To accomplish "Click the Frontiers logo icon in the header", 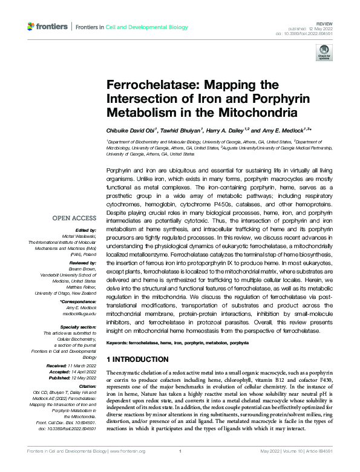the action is point(31,27).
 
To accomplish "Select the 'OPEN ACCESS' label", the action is point(74,217).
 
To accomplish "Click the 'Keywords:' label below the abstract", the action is point(117,343).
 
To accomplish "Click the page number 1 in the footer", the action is point(180,451).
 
